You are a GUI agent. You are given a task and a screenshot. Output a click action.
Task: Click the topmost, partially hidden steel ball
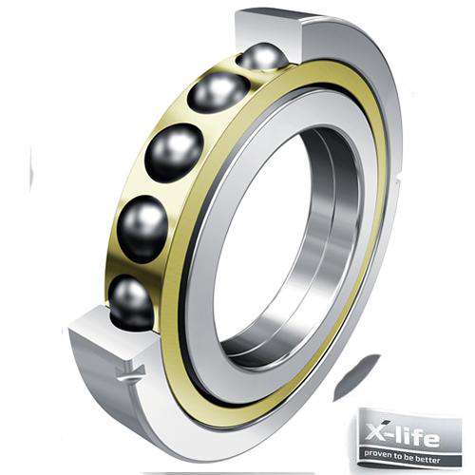(263, 58)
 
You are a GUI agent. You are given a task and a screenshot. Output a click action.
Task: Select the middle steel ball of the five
(174, 153)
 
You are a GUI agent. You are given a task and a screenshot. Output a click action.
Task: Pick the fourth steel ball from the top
(143, 228)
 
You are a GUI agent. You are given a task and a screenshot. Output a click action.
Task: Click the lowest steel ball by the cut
(132, 302)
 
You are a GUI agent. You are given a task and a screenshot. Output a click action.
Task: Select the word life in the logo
(419, 436)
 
